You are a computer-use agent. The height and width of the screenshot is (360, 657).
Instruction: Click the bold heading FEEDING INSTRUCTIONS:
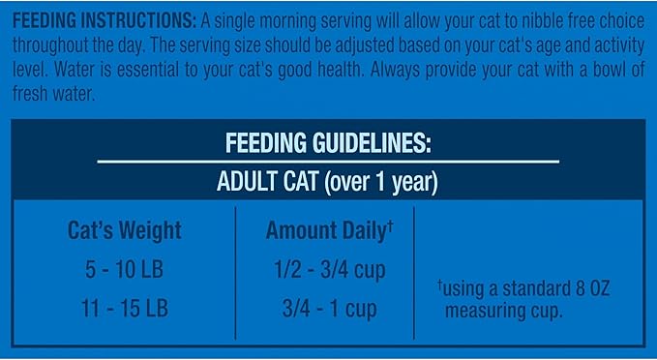(x=101, y=20)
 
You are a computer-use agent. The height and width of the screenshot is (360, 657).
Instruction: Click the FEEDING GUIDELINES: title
(x=328, y=143)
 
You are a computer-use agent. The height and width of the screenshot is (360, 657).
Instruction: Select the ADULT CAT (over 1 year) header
(x=328, y=180)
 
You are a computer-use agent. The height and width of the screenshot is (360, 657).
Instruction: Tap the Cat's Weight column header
(x=124, y=231)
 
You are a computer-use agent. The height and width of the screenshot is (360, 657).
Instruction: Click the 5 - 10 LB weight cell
(x=124, y=270)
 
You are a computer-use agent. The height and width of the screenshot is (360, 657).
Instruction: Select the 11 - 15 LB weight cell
(x=124, y=310)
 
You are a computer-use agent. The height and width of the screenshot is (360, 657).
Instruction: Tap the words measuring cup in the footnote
(x=507, y=311)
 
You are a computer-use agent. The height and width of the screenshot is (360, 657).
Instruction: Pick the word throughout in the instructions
(x=61, y=45)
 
